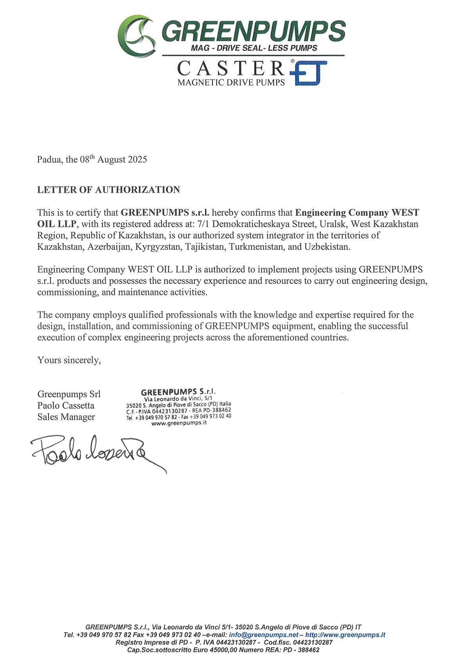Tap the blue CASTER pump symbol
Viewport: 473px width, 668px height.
coord(309,73)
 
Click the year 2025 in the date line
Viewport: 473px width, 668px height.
coord(137,160)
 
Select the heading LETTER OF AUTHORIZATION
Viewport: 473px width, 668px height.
coord(108,190)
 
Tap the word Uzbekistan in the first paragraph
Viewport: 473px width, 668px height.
coord(327,247)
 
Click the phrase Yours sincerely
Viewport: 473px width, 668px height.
coord(69,360)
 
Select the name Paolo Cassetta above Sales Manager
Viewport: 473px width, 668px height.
coord(66,406)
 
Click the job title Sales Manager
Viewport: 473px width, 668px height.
coord(66,417)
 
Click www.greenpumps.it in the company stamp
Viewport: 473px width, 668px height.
coord(179,423)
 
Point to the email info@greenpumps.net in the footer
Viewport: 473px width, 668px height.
coord(263,635)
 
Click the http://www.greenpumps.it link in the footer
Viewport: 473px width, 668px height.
coord(345,635)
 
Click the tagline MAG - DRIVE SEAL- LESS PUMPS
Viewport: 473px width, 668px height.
coord(254,48)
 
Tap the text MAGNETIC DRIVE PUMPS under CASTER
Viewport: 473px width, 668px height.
coord(231,83)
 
